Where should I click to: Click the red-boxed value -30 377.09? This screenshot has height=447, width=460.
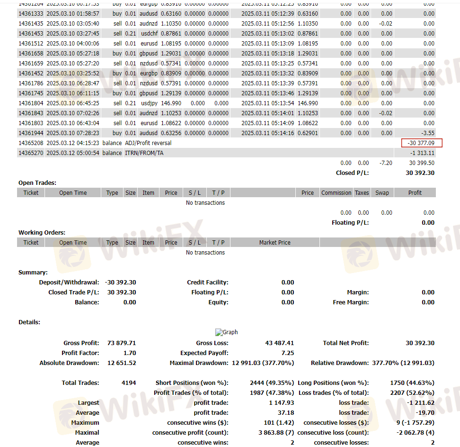[421, 143]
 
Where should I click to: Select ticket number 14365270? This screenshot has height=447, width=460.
[31, 153]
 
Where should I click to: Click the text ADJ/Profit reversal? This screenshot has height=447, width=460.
[148, 143]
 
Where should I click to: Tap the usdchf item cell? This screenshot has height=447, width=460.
[149, 34]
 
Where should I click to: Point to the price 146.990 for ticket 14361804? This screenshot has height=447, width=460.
[172, 103]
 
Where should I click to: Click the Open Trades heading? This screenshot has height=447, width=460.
[37, 182]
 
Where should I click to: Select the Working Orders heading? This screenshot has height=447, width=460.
[42, 232]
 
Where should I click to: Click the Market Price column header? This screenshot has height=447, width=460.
[274, 243]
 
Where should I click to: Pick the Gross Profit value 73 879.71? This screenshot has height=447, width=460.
[122, 343]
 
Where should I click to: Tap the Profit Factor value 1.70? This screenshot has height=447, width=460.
[129, 353]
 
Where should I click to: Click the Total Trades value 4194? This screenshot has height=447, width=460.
[129, 383]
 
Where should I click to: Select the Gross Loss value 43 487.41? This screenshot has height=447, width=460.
[279, 343]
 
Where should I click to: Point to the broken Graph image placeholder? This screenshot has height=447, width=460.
[226, 332]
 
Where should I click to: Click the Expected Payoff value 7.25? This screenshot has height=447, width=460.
[287, 353]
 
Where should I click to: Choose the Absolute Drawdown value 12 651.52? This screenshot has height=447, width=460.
[122, 363]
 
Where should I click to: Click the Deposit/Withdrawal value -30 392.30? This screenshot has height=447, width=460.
[120, 283]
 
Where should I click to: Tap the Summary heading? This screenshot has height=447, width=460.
[33, 273]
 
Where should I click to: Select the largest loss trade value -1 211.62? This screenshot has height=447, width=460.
[420, 403]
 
